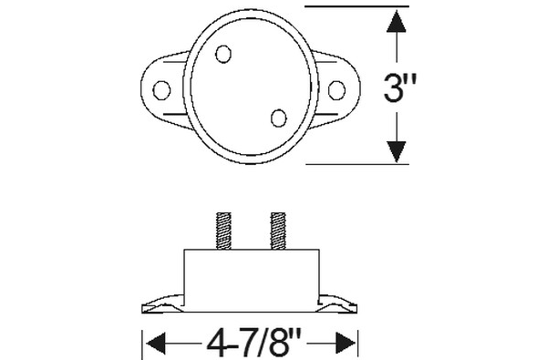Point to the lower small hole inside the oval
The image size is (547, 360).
click(x=279, y=118)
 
